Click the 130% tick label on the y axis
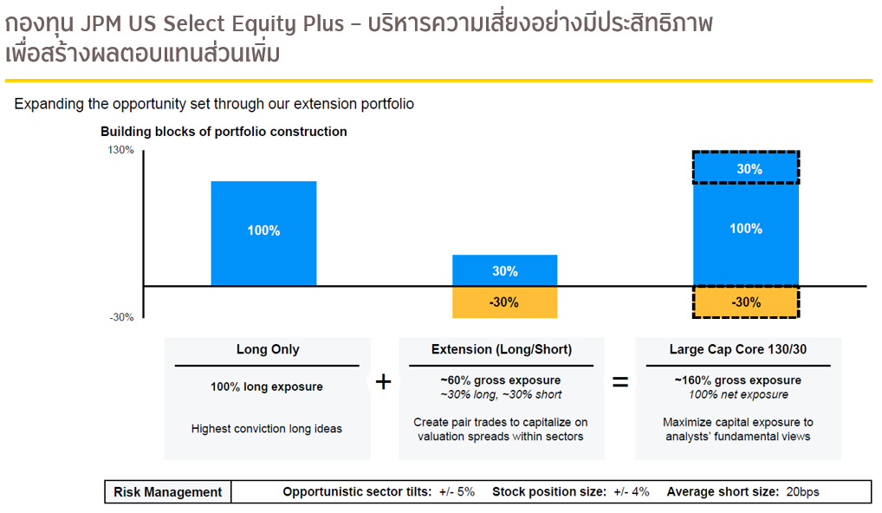click(x=121, y=150)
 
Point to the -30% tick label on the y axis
click(x=121, y=317)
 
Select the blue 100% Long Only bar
click(x=263, y=233)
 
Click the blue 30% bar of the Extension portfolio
click(x=505, y=270)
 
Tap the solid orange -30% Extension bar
click(x=505, y=302)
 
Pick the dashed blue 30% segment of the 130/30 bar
click(x=746, y=167)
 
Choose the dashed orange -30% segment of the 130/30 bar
click(x=746, y=302)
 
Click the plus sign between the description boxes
click(x=383, y=382)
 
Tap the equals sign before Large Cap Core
click(x=619, y=382)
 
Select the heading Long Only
click(x=268, y=349)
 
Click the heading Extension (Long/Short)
click(x=502, y=349)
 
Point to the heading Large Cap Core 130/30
click(x=738, y=349)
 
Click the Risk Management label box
click(x=167, y=492)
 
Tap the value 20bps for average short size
click(x=802, y=491)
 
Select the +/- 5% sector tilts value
click(x=457, y=491)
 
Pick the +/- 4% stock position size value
click(x=631, y=491)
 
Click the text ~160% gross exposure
click(x=738, y=380)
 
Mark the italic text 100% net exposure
click(x=738, y=395)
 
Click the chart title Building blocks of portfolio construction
click(x=224, y=132)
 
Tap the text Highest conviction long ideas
click(x=267, y=429)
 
